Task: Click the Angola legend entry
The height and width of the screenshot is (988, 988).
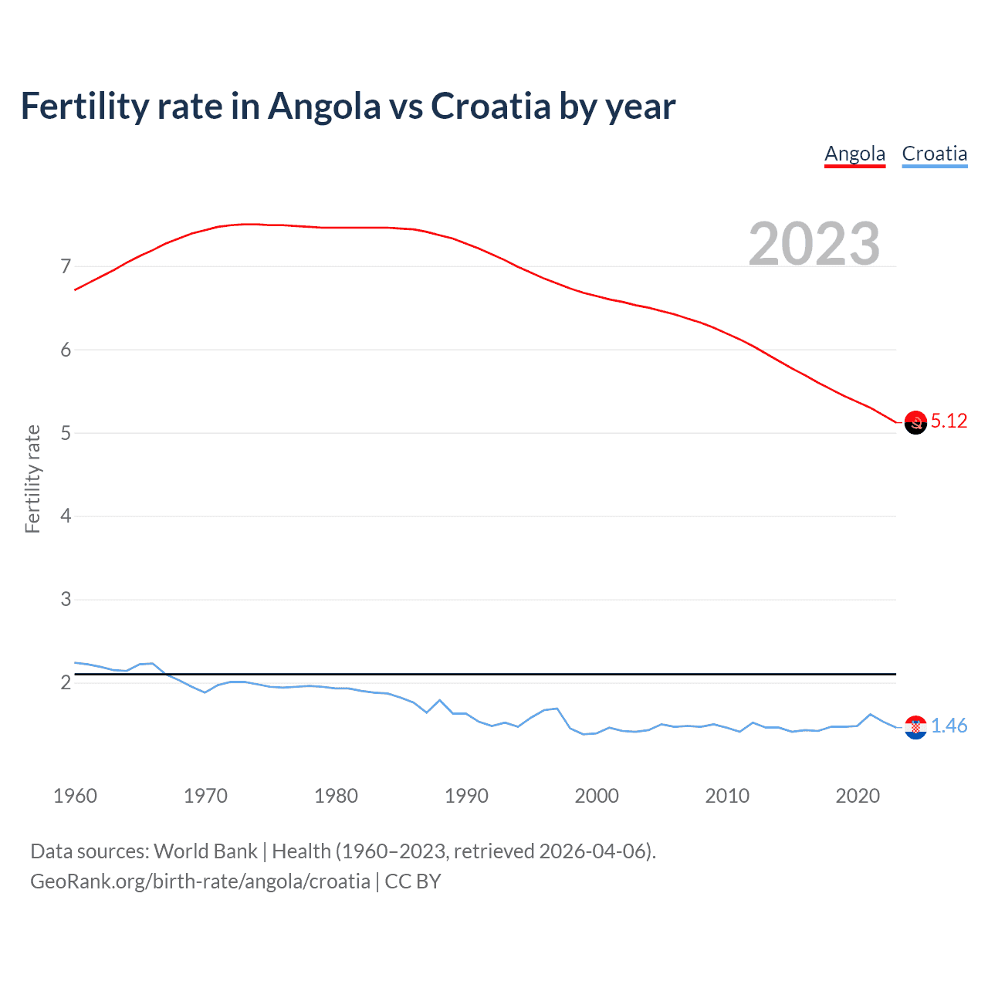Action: click(854, 154)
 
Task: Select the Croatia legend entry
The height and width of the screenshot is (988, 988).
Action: click(934, 154)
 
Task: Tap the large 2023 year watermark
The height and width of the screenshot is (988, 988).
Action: click(814, 244)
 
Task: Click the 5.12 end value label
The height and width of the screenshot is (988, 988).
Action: click(949, 421)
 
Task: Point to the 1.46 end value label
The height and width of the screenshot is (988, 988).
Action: click(949, 726)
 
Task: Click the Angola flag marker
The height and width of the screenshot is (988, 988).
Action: click(915, 422)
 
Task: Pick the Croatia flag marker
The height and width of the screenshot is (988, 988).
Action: click(915, 727)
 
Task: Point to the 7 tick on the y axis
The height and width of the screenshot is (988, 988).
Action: click(66, 267)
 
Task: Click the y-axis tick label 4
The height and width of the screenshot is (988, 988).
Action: click(66, 516)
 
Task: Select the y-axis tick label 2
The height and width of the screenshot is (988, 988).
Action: click(66, 682)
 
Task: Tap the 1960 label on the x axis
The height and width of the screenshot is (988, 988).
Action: click(75, 796)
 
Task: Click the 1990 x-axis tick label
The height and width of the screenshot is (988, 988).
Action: click(466, 796)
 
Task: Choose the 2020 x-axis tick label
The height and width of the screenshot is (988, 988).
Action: click(858, 796)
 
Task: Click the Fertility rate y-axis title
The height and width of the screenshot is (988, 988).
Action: click(32, 479)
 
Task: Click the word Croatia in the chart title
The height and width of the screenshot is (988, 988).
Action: click(490, 106)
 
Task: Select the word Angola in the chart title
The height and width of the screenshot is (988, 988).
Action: click(324, 106)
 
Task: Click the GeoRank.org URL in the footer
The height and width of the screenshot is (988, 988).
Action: click(200, 881)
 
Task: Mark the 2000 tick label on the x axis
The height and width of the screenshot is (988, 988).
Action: click(597, 796)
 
